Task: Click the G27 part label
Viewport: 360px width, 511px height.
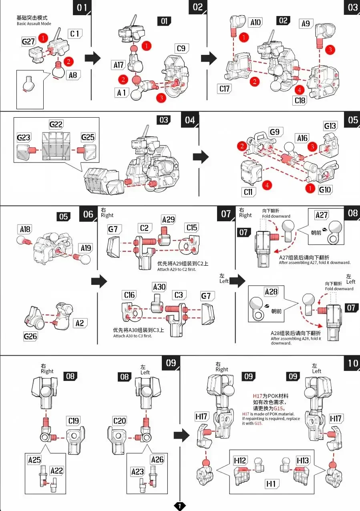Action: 28,42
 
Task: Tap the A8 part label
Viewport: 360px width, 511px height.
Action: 73,75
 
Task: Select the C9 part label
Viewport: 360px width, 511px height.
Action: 181,48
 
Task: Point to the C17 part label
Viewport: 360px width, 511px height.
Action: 224,88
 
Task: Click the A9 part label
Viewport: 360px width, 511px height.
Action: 306,24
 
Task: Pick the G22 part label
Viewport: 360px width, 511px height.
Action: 56,124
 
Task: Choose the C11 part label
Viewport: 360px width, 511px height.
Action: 248,192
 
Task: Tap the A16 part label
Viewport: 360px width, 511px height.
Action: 302,138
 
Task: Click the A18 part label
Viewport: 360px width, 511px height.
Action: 25,229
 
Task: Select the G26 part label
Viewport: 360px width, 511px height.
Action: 30,336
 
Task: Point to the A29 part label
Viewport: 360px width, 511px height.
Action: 169,219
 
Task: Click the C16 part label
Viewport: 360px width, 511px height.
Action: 129,295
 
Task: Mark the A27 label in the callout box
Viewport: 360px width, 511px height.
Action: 322,215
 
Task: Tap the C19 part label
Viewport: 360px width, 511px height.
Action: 74,421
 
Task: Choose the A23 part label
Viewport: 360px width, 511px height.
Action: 138,471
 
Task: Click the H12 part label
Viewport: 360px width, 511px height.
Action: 240,460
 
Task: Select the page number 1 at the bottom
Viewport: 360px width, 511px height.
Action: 180,506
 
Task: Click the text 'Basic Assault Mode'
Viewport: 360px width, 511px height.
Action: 34,24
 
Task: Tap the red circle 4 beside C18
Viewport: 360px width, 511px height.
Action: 300,90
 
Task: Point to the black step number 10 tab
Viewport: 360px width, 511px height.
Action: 352,363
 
